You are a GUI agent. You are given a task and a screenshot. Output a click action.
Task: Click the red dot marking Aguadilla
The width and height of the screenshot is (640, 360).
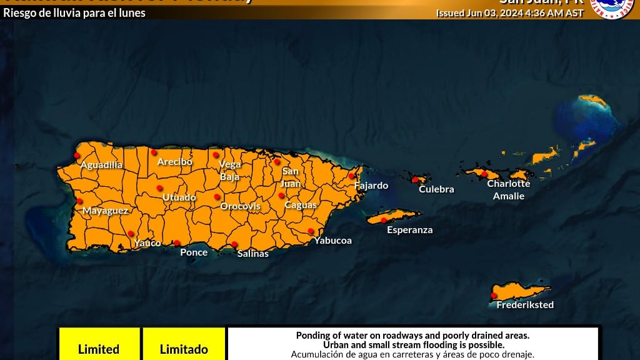tap(77, 155)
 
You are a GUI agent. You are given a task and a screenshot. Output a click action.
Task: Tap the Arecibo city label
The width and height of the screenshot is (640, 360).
tap(174, 162)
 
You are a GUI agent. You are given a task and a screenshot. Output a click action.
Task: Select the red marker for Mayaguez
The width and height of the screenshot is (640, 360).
tap(79, 201)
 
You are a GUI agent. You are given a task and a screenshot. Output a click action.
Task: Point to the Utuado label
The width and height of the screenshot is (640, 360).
tap(179, 197)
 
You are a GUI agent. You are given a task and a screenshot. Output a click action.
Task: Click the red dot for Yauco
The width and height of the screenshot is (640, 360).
tap(131, 234)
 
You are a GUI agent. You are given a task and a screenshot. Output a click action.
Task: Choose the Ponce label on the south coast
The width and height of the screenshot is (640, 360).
tap(193, 252)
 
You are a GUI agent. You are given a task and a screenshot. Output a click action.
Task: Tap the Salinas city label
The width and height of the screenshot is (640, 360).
tap(252, 254)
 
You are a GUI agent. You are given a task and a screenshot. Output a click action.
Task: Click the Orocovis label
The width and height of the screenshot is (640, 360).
tap(238, 206)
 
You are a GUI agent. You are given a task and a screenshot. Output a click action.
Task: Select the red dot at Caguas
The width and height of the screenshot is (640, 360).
tap(281, 196)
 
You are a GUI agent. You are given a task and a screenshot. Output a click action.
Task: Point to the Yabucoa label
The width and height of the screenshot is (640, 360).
tap(332, 241)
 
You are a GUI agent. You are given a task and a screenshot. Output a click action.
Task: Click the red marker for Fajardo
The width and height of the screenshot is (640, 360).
tap(351, 176)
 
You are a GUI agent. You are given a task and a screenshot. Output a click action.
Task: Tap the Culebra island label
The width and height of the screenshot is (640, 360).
tap(436, 189)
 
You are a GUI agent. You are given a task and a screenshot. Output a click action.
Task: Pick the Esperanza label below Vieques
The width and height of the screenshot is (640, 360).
tap(409, 230)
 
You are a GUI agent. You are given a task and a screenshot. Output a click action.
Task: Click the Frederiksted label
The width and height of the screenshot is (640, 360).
tap(524, 305)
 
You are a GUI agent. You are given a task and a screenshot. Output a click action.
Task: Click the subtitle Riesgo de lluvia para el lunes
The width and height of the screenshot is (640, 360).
tap(74, 12)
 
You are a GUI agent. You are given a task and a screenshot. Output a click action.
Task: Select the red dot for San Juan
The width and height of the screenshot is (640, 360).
tap(277, 162)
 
